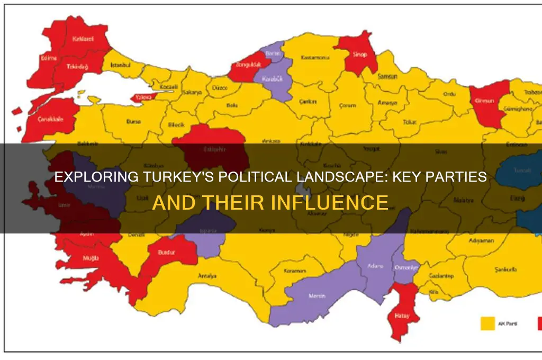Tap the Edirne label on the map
pos(48,58)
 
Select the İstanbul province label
pos(120,65)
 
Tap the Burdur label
pos(166,253)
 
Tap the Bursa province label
pos(133,121)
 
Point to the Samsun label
pos(387,76)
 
